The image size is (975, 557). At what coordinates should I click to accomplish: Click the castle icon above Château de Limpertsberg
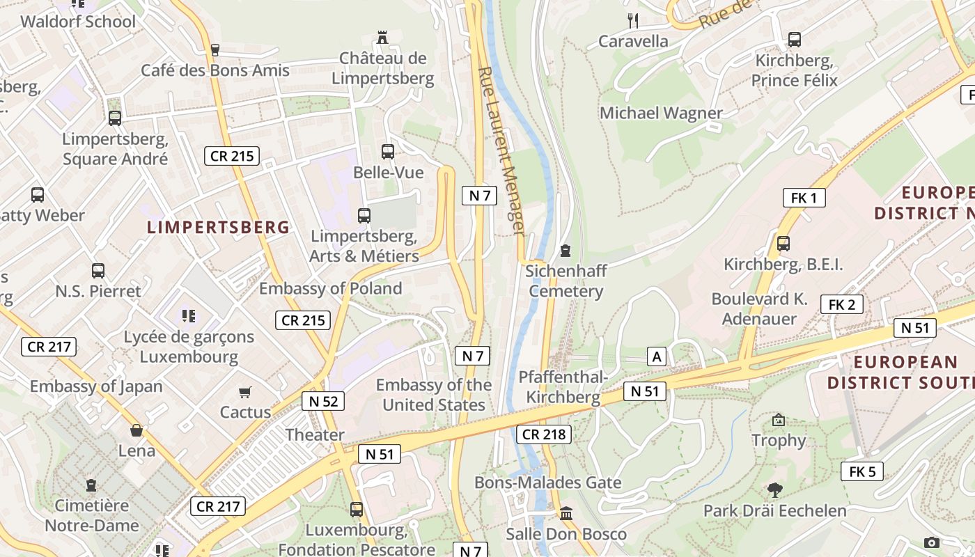[x=382, y=37]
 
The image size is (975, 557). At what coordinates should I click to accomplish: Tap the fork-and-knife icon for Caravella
[x=632, y=20]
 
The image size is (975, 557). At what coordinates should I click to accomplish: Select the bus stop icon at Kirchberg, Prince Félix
[x=794, y=40]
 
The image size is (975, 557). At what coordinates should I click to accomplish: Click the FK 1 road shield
[x=804, y=198]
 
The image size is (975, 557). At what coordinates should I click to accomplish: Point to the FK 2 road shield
[x=841, y=304]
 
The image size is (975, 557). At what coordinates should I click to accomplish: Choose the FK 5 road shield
[x=861, y=471]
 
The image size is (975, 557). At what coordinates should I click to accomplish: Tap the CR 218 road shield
[x=544, y=434]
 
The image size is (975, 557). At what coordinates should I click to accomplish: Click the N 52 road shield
[x=323, y=401]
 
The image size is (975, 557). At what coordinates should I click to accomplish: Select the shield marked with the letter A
[x=656, y=357]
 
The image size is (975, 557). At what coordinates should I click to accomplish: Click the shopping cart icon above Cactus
[x=244, y=393]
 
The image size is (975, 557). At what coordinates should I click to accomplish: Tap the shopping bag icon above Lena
[x=136, y=430]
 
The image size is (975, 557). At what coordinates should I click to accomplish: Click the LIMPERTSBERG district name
[x=219, y=227]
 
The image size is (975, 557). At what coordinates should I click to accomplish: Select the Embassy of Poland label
[x=330, y=288]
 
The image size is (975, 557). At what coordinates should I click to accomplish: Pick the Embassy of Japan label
[x=96, y=386]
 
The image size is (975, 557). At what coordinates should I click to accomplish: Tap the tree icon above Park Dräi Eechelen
[x=774, y=490]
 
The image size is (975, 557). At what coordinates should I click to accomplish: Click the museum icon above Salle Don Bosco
[x=566, y=514]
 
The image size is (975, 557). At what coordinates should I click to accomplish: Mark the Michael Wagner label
[x=661, y=113]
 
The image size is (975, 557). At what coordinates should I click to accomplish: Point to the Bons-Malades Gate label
[x=547, y=483]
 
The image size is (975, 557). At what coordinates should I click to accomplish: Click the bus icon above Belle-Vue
[x=388, y=151]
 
